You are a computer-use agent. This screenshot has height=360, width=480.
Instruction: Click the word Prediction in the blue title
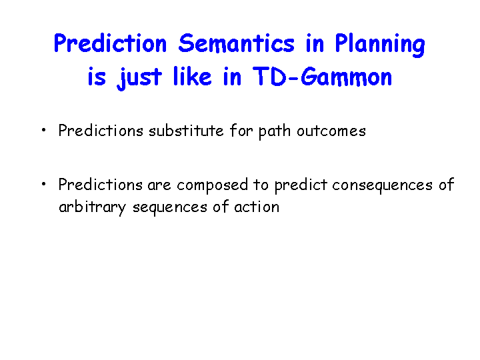coord(110,43)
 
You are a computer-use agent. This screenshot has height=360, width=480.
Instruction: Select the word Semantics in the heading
coord(236,43)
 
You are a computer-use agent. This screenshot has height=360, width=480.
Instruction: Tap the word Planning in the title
coord(380,45)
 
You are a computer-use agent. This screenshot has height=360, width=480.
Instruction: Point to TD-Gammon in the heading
coord(323,77)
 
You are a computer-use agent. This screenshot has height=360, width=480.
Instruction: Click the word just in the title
coord(139,79)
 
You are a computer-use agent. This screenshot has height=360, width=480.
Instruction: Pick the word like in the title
coord(192,76)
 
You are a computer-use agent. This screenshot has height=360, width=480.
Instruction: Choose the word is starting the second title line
coord(97,77)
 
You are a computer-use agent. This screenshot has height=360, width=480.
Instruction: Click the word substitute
coord(186,131)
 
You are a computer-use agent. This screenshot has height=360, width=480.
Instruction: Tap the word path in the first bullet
coord(274,131)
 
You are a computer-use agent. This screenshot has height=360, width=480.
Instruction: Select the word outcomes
coord(331,131)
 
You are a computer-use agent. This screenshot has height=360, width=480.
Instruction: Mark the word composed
coord(212,185)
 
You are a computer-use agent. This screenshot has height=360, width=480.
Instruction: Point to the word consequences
coord(383,186)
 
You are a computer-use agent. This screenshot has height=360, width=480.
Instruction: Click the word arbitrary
coord(92,207)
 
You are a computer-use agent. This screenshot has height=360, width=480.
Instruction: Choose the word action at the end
coord(257,207)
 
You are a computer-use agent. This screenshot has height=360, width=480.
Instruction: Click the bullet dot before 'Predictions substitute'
coord(43,130)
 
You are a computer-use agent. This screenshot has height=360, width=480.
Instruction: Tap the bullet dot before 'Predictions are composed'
coord(43,184)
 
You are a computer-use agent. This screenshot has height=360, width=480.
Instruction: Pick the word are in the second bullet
coord(159,185)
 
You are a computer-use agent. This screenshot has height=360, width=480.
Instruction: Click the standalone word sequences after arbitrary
coord(170,208)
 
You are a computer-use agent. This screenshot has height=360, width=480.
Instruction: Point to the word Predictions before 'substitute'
coord(101,131)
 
